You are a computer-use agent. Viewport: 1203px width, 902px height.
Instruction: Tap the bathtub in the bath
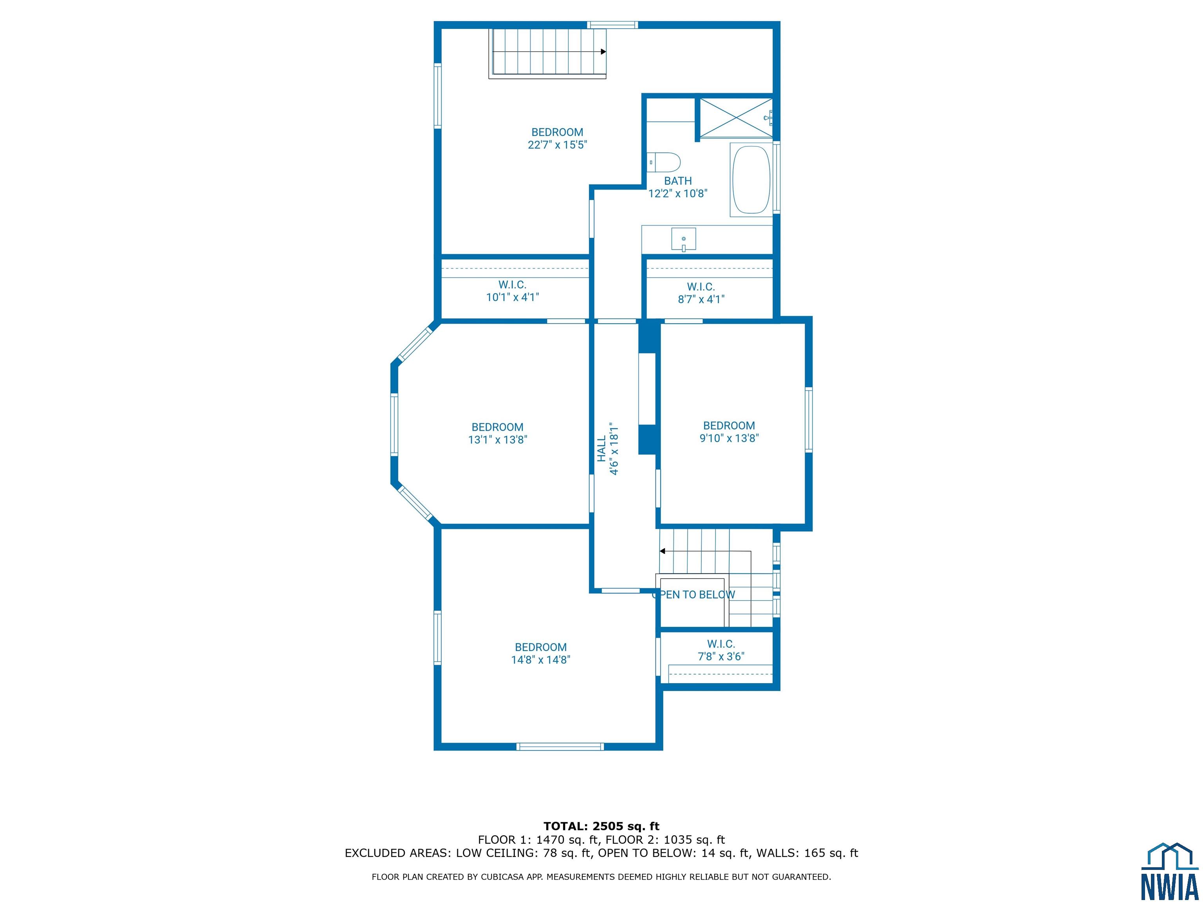click(751, 179)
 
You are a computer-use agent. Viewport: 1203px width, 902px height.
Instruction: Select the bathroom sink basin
click(684, 240)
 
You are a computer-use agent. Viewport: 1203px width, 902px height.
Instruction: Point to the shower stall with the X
click(736, 117)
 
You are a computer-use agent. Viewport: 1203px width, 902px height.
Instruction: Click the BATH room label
click(677, 181)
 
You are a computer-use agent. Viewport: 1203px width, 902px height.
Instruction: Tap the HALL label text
click(601, 449)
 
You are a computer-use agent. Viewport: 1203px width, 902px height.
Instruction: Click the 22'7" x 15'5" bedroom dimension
click(558, 144)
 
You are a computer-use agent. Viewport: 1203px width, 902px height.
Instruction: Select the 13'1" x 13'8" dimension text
click(498, 440)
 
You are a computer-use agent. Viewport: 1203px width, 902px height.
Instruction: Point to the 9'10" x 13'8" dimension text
click(729, 438)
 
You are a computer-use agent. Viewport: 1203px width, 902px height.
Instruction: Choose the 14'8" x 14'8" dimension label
click(540, 660)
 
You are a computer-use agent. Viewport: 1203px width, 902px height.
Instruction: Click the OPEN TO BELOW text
click(694, 595)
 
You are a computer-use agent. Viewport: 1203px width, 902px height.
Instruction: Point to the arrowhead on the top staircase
click(603, 52)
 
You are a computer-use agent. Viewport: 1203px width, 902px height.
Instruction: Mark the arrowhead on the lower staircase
click(663, 551)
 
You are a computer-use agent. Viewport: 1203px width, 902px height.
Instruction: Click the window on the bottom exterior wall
click(560, 747)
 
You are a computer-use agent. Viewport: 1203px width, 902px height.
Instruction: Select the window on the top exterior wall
click(612, 24)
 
